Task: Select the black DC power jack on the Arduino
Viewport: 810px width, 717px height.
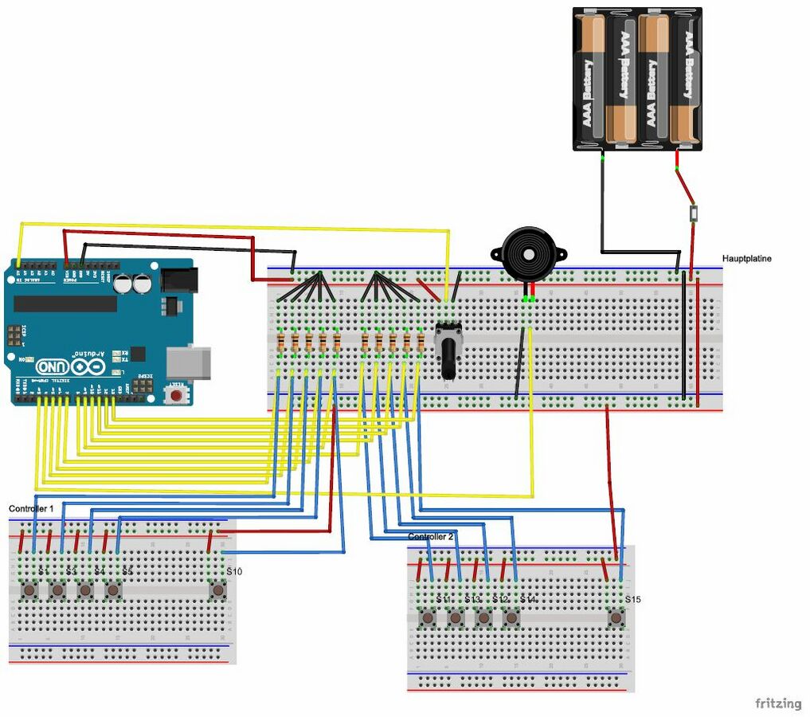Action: point(178,279)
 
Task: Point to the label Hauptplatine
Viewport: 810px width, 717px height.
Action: point(746,259)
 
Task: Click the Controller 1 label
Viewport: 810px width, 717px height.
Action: point(31,508)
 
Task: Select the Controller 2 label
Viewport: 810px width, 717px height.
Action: point(430,537)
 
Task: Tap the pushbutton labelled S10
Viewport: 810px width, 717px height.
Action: point(217,590)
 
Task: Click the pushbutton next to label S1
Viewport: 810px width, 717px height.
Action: point(30,590)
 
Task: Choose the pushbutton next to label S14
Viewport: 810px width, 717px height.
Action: point(511,617)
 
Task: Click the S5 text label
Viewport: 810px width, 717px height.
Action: point(127,572)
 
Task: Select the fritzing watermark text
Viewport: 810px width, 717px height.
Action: point(778,703)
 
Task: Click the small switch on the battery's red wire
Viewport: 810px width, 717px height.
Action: point(695,213)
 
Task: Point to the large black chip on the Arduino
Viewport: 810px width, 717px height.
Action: point(65,304)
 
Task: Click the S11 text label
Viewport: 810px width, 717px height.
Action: point(444,599)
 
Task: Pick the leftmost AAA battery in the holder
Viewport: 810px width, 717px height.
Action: point(590,80)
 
